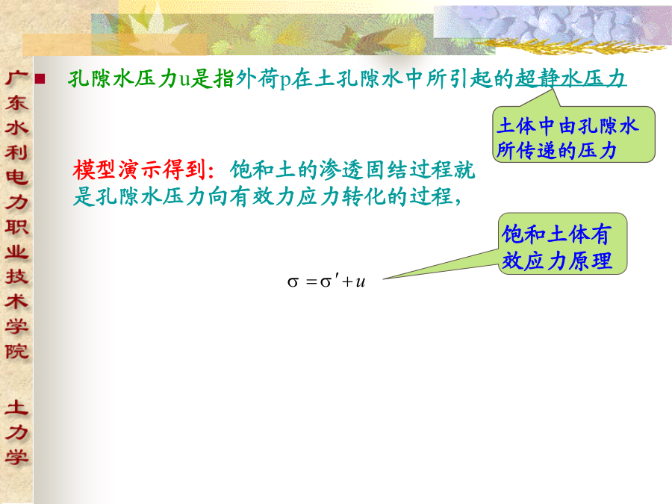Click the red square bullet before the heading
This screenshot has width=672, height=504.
pos(40,78)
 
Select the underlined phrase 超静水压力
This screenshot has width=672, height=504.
pos(570,78)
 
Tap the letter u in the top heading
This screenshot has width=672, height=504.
pos(184,80)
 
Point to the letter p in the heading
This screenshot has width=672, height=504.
pos(285,81)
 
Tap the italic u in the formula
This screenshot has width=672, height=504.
pos(361,281)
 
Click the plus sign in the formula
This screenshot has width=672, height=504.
pos(347,282)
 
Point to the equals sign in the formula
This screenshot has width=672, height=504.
pos(311,282)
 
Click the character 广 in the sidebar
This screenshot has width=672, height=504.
pos(16,78)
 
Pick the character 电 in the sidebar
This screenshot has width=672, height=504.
pos(16,177)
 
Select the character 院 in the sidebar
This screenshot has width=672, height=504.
pos(16,352)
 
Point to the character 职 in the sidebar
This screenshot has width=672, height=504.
pos(16,227)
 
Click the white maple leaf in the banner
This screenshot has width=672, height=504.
pos(155,31)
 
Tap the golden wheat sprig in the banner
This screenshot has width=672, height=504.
pos(570,46)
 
